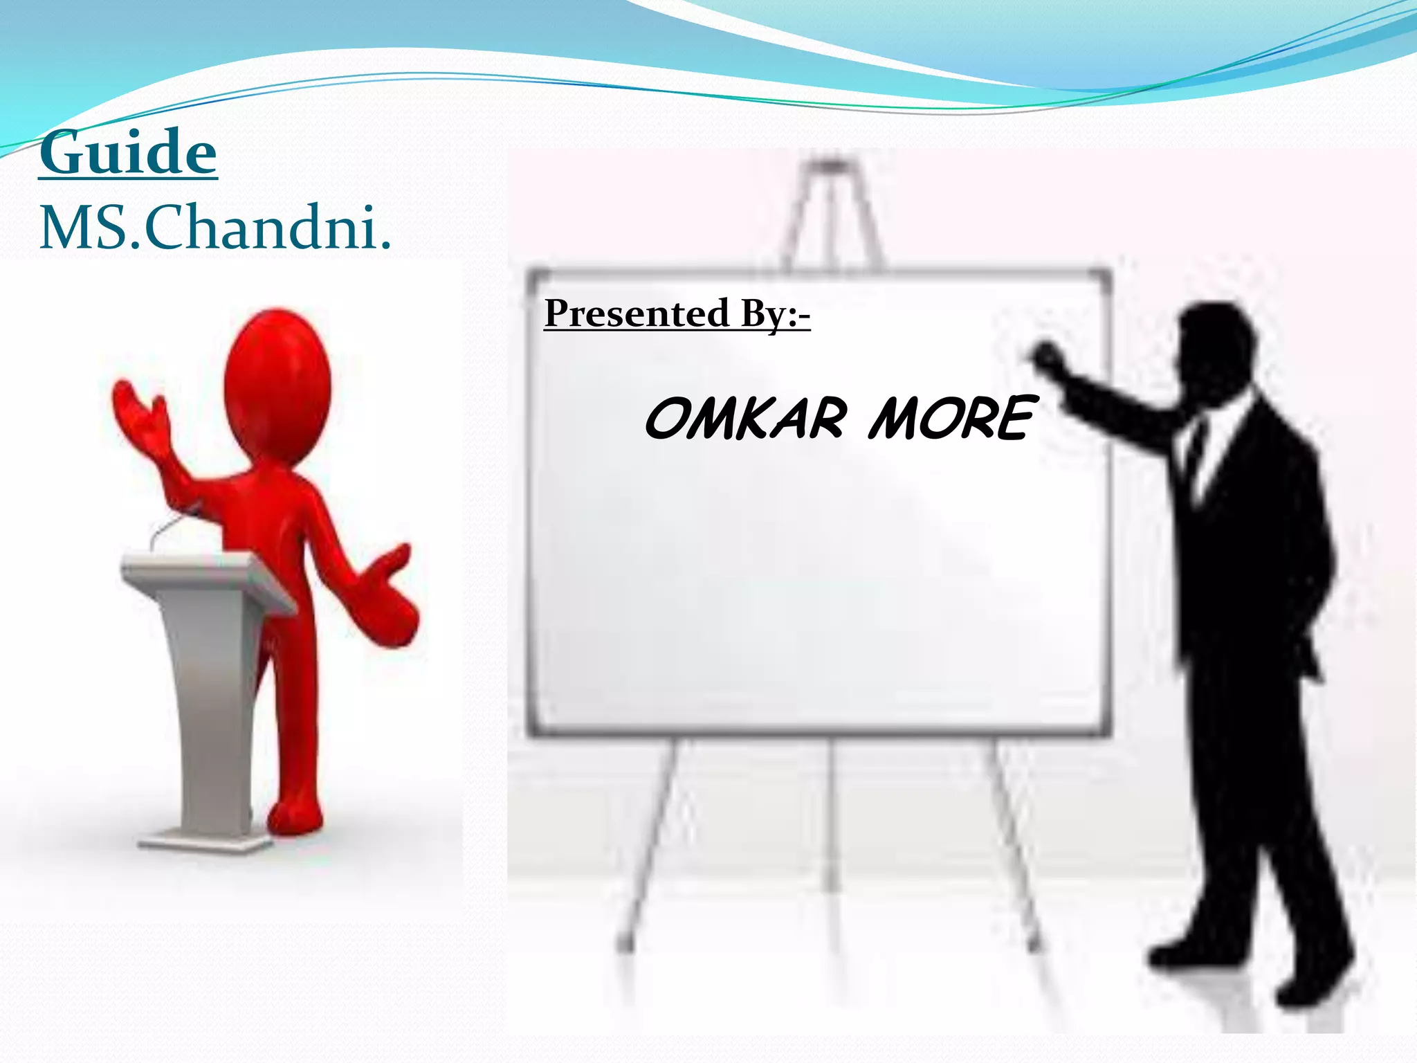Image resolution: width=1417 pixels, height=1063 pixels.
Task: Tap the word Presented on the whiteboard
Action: coord(637,313)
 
